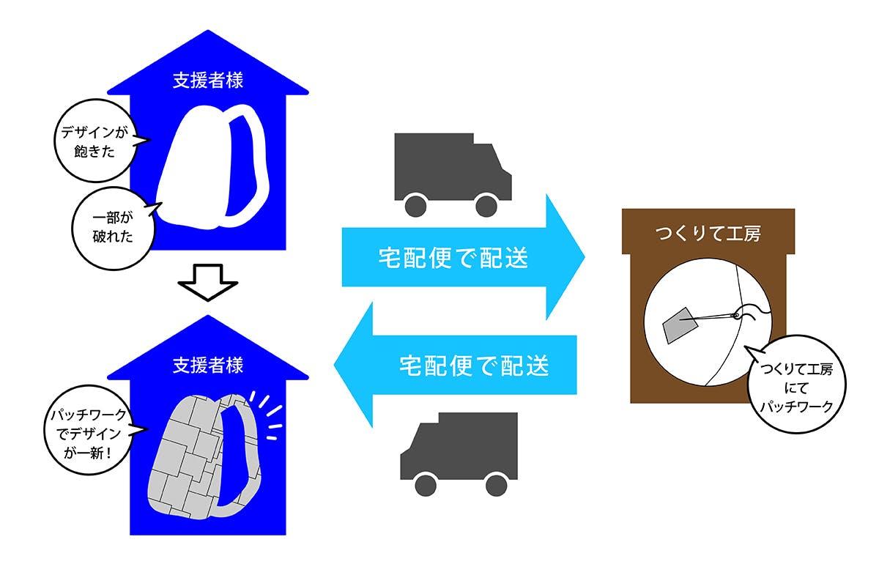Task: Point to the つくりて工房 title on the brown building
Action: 708,234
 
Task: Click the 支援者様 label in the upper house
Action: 208,81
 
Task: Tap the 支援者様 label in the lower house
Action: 208,364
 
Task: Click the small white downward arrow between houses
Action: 207,283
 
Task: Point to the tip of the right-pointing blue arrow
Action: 583,258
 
